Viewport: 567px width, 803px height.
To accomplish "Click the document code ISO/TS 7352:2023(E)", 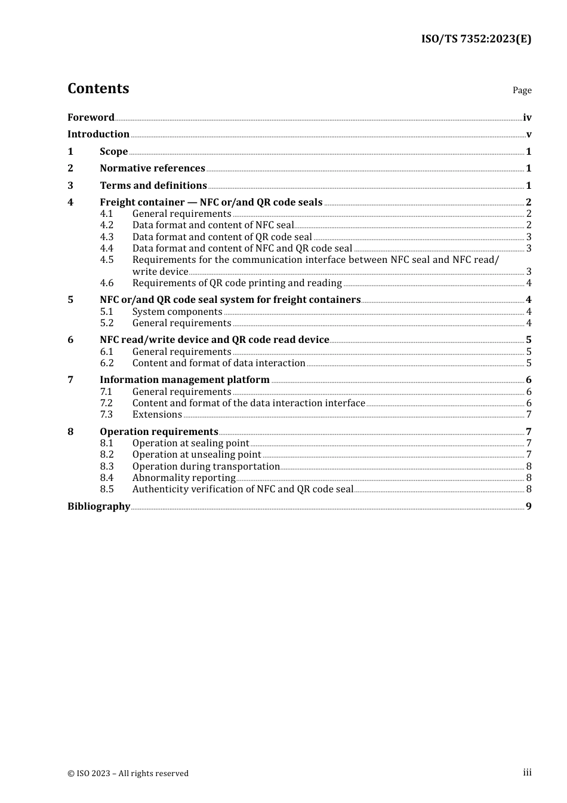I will tap(476, 39).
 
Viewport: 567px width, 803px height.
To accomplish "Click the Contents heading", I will tap(98, 88).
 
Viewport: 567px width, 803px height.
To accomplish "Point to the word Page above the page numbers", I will tap(522, 90).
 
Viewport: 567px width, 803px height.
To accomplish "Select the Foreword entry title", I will tap(91, 117).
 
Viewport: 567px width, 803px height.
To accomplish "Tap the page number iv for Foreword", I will tap(527, 118).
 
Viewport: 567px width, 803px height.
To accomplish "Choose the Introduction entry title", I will tap(98, 134).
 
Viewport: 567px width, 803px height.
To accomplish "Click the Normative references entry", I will tap(152, 168).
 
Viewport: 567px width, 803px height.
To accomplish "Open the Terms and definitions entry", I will tap(153, 186).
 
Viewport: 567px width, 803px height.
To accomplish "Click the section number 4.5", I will tap(107, 260).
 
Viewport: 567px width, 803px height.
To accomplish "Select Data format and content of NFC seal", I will tap(213, 225).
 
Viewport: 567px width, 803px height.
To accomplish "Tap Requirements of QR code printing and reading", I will tap(237, 283).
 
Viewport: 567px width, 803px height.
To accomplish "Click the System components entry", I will tap(177, 312).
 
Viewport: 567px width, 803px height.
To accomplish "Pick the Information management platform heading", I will tap(184, 380).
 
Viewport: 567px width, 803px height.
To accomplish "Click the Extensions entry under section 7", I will tap(157, 415).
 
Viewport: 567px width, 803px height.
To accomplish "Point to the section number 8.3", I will tap(107, 467).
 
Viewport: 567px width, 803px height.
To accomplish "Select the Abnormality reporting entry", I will tap(184, 478).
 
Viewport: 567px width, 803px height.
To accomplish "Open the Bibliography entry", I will tap(98, 507).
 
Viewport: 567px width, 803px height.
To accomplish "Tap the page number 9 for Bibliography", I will tap(528, 507).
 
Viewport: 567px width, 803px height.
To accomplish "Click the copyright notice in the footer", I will tap(128, 774).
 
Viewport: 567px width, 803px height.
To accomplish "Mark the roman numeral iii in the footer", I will tap(527, 773).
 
